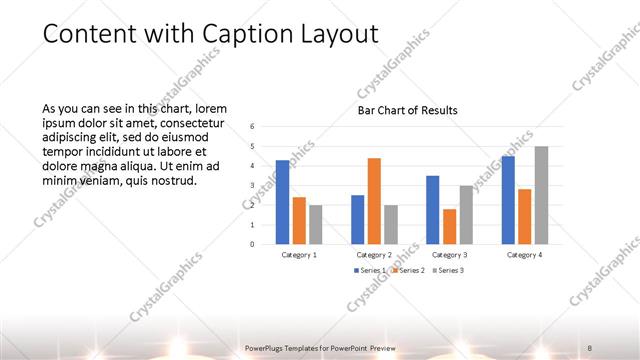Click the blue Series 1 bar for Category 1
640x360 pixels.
point(283,202)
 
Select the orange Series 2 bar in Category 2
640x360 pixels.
point(374,201)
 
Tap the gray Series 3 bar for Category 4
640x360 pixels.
point(541,195)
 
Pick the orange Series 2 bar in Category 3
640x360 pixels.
point(449,226)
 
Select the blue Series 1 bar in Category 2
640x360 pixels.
point(358,219)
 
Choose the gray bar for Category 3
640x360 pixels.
point(466,214)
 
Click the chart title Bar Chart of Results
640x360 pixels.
point(408,110)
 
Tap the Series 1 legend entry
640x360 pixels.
point(369,270)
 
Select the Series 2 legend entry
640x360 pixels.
point(409,270)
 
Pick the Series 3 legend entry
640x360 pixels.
point(448,270)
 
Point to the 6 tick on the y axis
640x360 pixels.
point(253,126)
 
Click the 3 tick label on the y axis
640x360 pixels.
point(253,185)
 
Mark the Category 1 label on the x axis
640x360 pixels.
point(299,254)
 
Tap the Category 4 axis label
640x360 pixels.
point(525,254)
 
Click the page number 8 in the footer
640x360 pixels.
point(592,347)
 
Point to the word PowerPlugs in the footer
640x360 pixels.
point(266,347)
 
